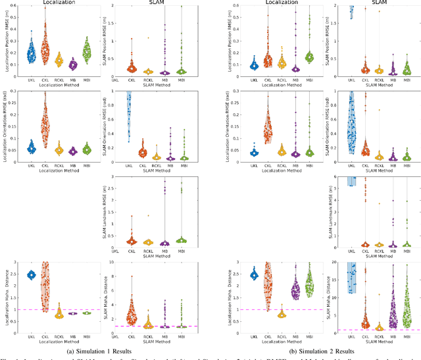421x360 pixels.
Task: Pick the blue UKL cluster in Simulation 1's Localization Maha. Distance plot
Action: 30,275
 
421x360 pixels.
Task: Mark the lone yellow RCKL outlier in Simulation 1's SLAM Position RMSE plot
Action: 147,38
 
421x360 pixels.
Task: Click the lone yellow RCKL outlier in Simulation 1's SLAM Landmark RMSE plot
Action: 147,215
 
